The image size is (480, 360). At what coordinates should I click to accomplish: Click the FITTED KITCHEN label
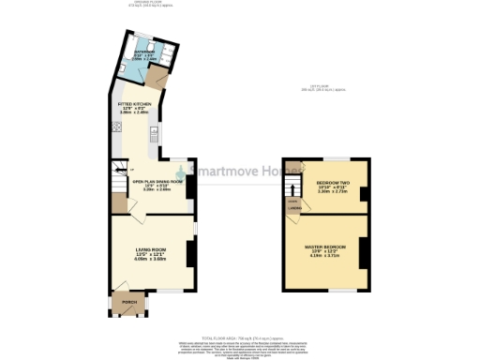tap(134, 105)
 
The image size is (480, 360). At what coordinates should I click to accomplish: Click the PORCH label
tap(129, 303)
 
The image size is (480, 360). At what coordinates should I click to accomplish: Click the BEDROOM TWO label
tap(333, 183)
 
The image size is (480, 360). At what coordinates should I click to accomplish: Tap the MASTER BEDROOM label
tap(325, 247)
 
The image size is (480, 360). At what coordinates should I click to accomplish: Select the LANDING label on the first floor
tap(293, 209)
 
